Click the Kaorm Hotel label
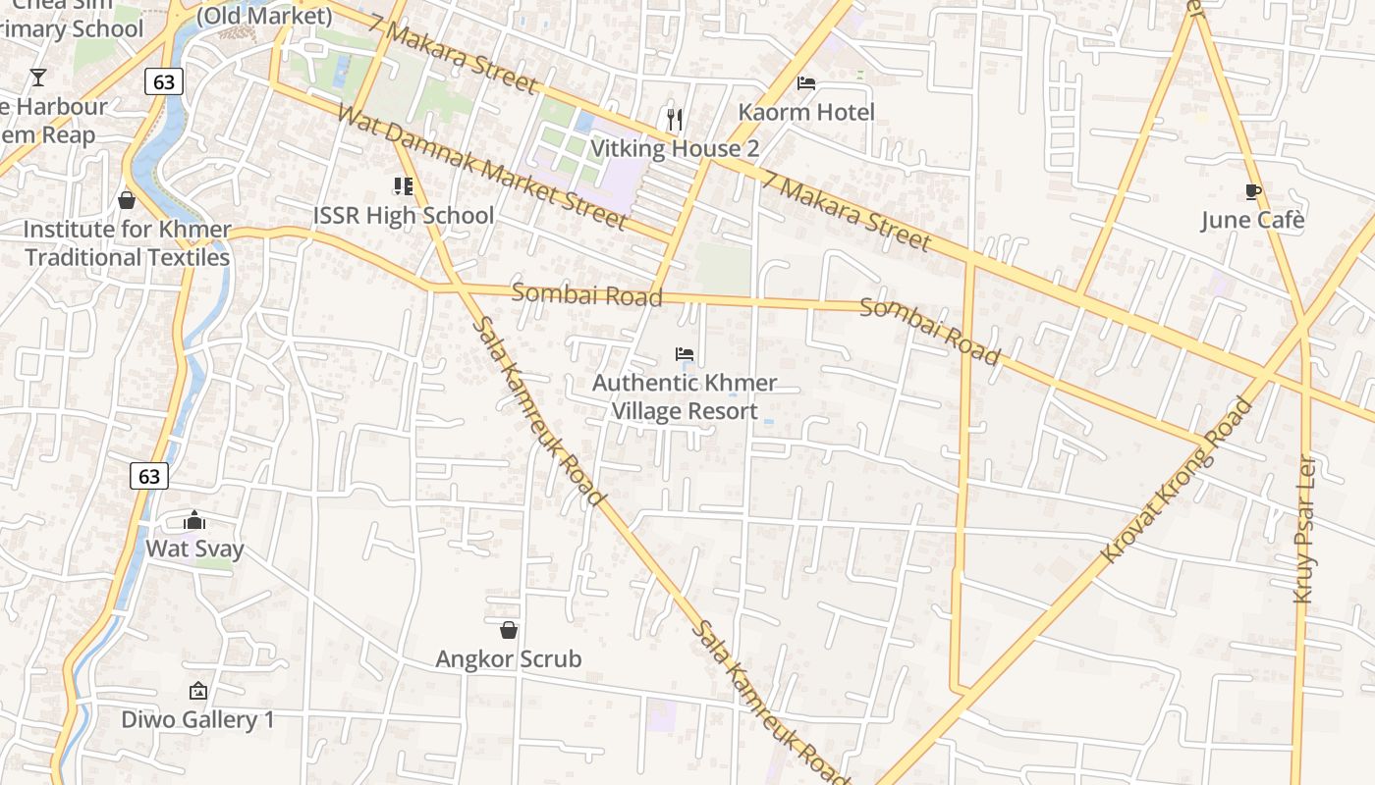tap(805, 112)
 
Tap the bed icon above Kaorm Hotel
tap(806, 83)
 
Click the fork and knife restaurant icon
tap(674, 119)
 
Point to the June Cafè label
tap(1252, 220)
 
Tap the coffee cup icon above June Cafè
tap(1252, 191)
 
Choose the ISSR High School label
tap(404, 215)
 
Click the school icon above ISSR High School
tap(403, 185)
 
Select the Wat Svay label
tap(194, 548)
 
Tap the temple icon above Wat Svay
tap(194, 519)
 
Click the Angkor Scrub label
tap(509, 658)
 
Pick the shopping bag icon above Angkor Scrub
tap(509, 630)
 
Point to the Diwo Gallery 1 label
tap(197, 719)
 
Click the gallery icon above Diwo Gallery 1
tap(197, 691)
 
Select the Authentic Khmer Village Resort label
tap(685, 396)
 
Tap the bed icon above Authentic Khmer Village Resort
tap(685, 353)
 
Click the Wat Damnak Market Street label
tap(481, 166)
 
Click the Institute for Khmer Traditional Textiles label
tap(127, 243)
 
